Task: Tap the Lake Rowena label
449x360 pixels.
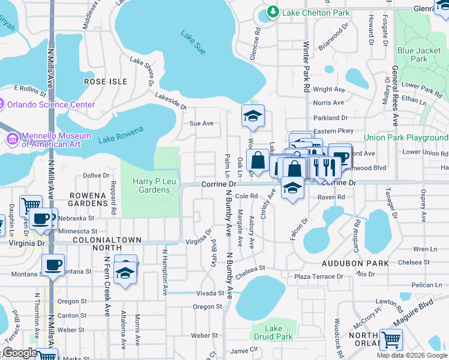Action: click(x=121, y=135)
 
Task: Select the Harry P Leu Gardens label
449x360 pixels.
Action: click(x=150, y=185)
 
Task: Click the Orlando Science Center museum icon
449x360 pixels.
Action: click(x=1, y=104)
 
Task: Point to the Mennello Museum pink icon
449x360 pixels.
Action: click(x=12, y=139)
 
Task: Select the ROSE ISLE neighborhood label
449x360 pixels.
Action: click(x=106, y=81)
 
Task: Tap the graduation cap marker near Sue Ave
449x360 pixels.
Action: click(x=253, y=116)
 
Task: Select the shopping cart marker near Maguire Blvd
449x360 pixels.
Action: click(x=391, y=340)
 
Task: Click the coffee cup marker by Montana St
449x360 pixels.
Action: click(x=53, y=264)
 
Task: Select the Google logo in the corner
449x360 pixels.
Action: click(x=19, y=353)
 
